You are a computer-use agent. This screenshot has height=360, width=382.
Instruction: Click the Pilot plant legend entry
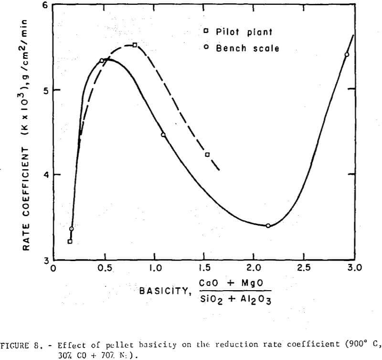[x=237, y=32]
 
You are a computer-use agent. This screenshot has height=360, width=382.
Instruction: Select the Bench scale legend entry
[x=241, y=48]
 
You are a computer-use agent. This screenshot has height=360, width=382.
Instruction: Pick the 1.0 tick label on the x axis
[x=154, y=268]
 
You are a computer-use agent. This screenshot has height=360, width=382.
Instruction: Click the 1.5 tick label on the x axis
[x=204, y=268]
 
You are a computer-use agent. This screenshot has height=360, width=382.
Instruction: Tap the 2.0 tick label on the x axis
[x=254, y=268]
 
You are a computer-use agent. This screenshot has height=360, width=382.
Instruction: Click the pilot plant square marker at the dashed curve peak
[x=135, y=45]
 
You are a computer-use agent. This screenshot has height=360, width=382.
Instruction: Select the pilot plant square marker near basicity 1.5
[x=207, y=154]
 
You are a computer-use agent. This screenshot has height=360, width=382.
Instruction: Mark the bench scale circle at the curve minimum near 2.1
[x=268, y=226]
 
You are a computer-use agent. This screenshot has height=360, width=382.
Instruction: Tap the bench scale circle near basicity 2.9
[x=347, y=55]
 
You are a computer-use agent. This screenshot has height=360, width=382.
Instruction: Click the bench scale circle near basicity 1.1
[x=163, y=135]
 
